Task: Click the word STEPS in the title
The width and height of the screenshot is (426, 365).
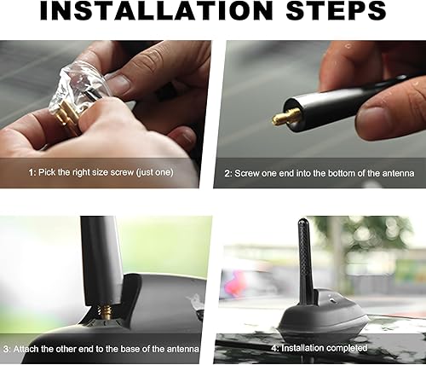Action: pyautogui.click(x=335, y=12)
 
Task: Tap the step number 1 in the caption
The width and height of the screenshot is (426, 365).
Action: pyautogui.click(x=31, y=172)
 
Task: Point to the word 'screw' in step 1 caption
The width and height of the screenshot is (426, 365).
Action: pyautogui.click(x=124, y=172)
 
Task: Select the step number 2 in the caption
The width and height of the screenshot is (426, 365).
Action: pyautogui.click(x=227, y=173)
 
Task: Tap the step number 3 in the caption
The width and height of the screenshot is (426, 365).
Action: pyautogui.click(x=6, y=348)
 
